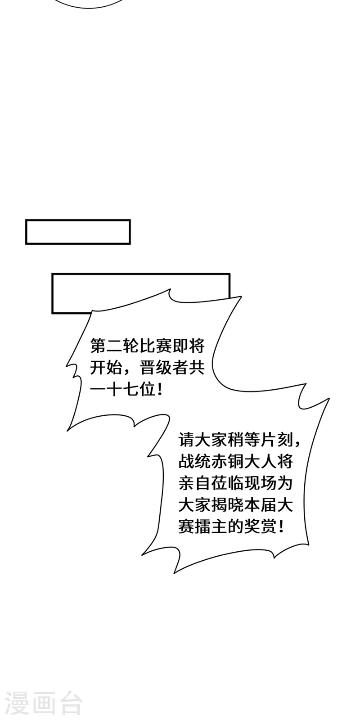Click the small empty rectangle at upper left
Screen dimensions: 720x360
[x=78, y=232]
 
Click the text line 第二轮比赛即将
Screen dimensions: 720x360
[x=148, y=346]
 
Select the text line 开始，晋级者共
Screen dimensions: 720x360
[x=148, y=368]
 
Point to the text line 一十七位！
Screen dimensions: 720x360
[x=126, y=390]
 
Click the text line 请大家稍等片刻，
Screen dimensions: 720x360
[x=240, y=440]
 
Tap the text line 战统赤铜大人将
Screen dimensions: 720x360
[x=236, y=462]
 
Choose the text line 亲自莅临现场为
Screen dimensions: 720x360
[x=236, y=483]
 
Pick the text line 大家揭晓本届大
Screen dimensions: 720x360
[x=236, y=505]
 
